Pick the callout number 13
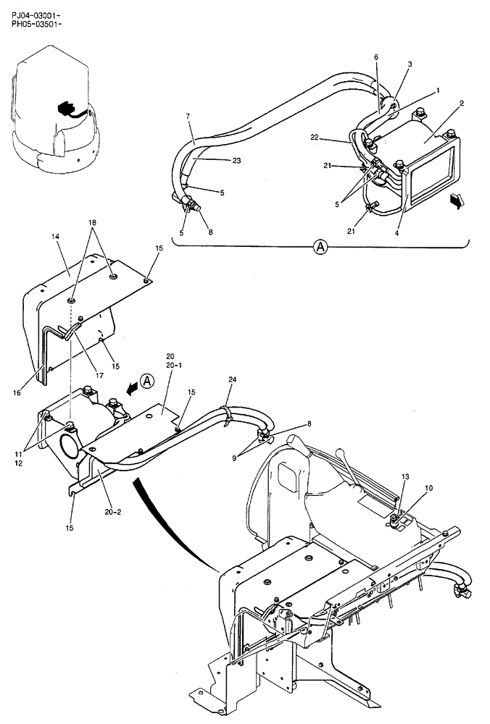point(404,477)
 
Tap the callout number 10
point(429,489)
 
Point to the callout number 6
point(376,57)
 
